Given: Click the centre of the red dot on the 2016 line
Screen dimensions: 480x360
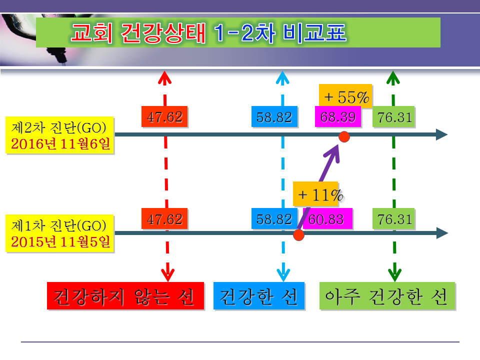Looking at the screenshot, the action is pos(344,137).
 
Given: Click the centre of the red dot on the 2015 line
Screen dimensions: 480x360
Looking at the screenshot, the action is pos(298,235).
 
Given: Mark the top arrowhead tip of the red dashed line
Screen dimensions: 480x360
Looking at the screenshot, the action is pos(164,71).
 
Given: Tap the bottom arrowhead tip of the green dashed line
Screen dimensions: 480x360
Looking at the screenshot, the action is pos(394,281).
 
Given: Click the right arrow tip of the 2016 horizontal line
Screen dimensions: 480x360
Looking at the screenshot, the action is pos(447,134).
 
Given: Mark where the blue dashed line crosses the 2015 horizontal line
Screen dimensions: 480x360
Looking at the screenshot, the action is pos(283,233).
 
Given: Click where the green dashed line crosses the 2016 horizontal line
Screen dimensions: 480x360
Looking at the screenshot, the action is pos(393,134).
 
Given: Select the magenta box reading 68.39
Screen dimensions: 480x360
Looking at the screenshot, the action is pos(338,116).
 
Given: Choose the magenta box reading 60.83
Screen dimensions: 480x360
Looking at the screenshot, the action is pos(327,218).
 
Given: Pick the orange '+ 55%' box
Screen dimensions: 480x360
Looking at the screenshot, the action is pos(345,96).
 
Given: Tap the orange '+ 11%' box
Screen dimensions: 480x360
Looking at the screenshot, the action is pos(315,194).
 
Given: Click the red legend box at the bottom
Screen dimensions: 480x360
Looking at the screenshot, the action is pos(125,295).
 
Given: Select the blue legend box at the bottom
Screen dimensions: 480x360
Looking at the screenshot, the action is pos(259,295).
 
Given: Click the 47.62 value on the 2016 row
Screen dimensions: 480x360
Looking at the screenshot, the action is pos(164,116).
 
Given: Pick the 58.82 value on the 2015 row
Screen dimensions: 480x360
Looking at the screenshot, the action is pos(274,218).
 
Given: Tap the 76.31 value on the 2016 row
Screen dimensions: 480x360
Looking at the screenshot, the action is pos(393,116).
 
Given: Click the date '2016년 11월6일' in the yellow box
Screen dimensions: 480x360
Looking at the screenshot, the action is pos(60,143).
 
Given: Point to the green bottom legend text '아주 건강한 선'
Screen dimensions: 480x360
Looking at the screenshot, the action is pos(386,296).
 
